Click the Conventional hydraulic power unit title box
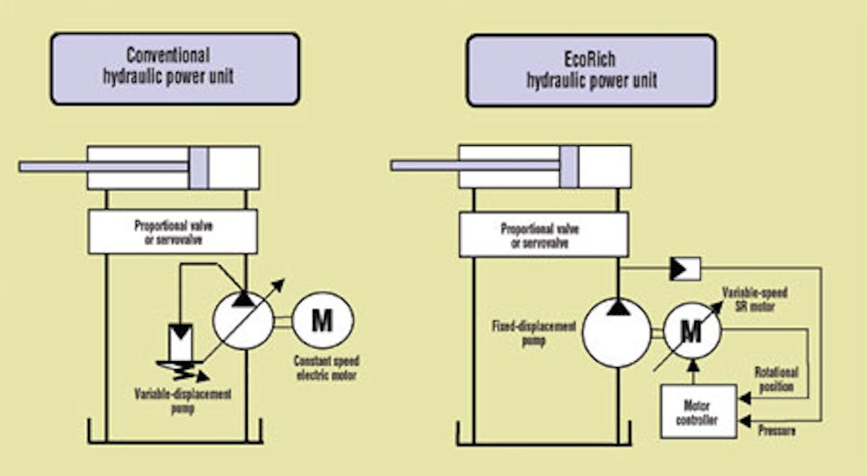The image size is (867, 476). point(174,69)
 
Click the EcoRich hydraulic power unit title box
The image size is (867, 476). point(590,70)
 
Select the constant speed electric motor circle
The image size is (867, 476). point(322,320)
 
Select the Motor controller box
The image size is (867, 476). point(699,412)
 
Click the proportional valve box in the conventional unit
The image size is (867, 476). point(173,232)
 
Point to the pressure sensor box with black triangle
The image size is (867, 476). point(684,269)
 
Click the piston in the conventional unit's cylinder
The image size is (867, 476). point(199,167)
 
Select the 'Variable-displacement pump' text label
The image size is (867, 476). point(182,401)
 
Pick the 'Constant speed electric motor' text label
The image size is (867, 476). point(326,368)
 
